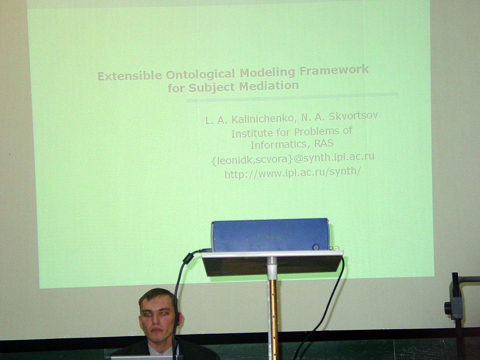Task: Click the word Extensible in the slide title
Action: click(130, 75)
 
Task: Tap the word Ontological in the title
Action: click(201, 74)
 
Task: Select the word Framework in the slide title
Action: click(334, 70)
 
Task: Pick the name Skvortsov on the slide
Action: click(353, 116)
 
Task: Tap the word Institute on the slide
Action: click(252, 134)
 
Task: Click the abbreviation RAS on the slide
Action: click(324, 143)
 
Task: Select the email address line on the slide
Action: click(293, 158)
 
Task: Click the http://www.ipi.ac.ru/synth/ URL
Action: click(293, 172)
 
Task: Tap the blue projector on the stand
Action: click(270, 235)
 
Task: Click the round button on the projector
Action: click(316, 247)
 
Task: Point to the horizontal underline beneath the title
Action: click(292, 97)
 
